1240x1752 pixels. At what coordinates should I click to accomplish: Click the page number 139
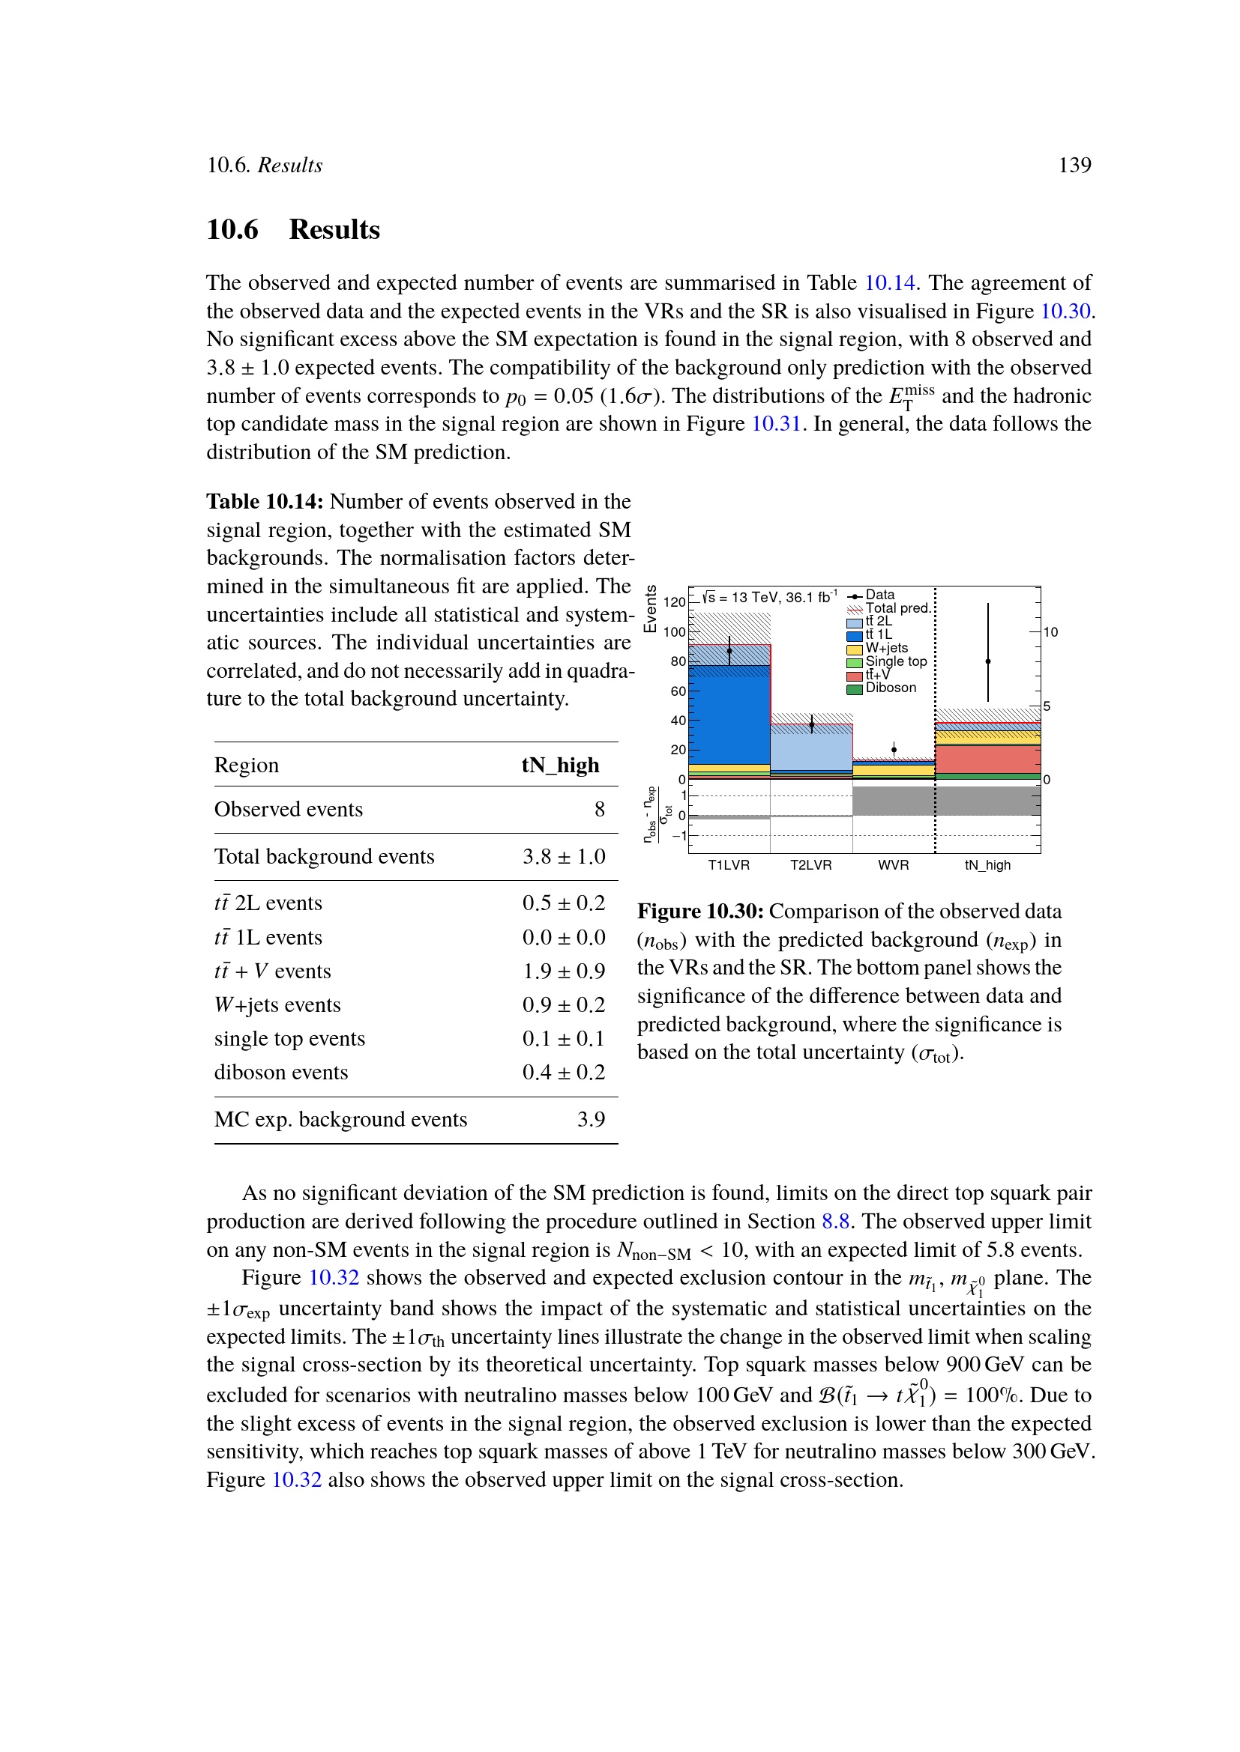pos(1074,166)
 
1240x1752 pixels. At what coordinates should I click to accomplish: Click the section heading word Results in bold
pos(334,230)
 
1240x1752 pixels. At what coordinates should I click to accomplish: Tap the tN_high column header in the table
pos(560,766)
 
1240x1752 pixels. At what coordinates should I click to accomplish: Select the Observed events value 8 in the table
pos(600,810)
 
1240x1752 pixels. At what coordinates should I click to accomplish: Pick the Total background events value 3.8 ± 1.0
pos(564,857)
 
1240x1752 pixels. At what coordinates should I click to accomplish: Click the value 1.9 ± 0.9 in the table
pos(564,972)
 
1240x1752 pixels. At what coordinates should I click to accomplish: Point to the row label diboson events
pos(281,1073)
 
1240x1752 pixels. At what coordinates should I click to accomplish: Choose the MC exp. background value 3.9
pos(590,1119)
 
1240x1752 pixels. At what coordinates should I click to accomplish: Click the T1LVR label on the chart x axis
pos(729,865)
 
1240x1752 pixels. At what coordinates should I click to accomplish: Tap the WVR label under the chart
pos(894,865)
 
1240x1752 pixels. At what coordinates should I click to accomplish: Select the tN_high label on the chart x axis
pos(987,865)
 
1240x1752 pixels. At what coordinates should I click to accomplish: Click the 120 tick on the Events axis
pos(674,602)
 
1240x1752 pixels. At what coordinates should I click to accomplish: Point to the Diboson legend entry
pos(891,688)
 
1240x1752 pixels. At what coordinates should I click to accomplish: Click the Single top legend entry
pos(896,661)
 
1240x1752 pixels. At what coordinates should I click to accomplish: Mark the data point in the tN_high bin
pos(988,661)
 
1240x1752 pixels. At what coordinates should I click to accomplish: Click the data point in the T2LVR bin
pos(812,724)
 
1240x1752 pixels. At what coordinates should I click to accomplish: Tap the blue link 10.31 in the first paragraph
pos(776,424)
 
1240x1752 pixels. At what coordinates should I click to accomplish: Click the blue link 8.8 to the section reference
pos(835,1222)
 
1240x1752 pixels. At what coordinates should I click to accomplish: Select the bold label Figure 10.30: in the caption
pos(700,912)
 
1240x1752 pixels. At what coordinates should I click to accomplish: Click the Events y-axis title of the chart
pos(651,609)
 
